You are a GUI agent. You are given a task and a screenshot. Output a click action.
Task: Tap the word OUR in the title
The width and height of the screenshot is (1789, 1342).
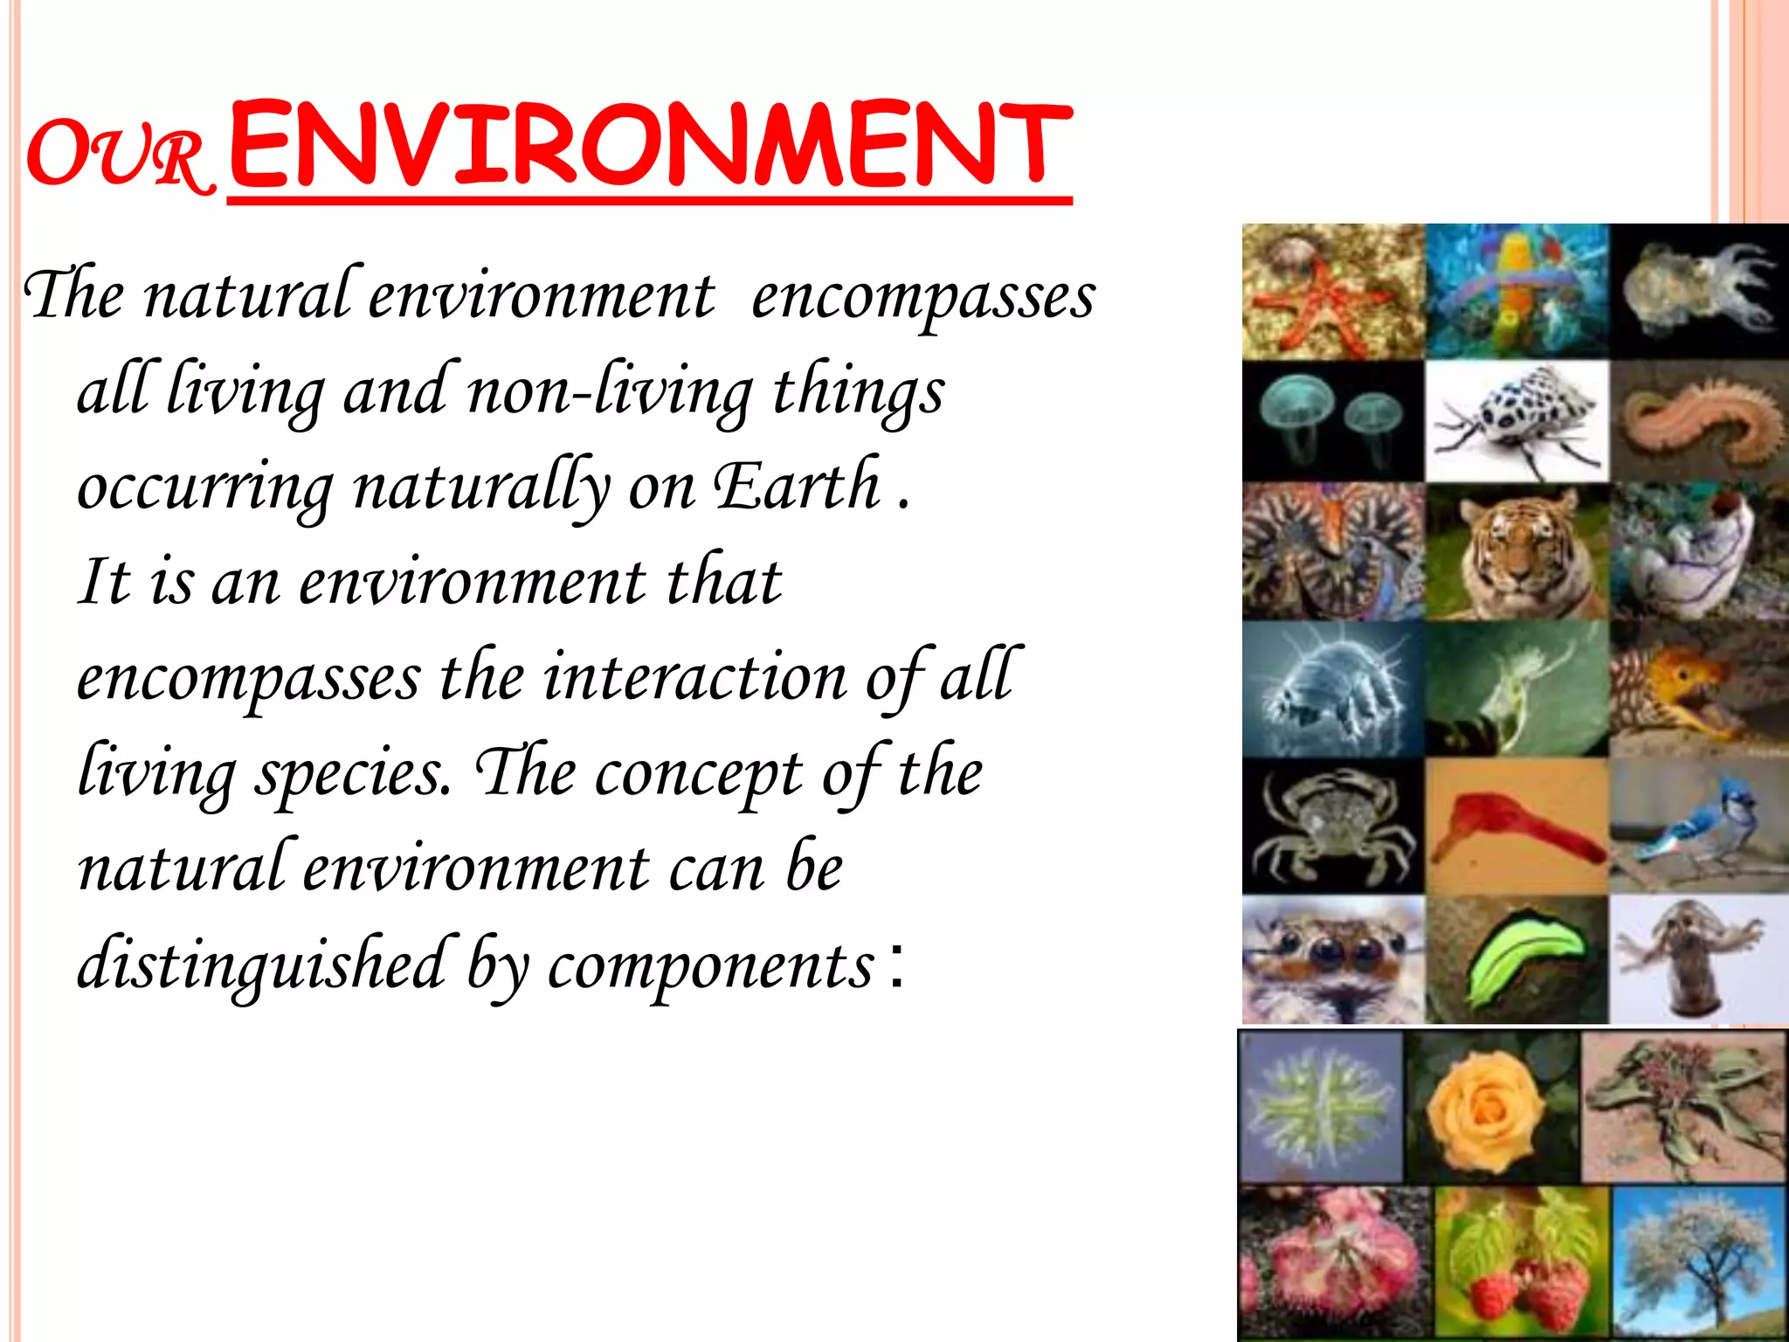pos(119,156)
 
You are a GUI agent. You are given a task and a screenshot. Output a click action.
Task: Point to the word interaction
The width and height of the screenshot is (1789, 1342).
pos(695,676)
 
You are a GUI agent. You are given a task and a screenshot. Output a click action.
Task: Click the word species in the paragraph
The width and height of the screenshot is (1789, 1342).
pos(353,772)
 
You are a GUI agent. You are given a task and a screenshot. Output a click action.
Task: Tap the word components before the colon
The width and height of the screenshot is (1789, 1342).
pos(711,965)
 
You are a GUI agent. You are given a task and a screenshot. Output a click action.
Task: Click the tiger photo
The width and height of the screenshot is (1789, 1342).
pos(1516,552)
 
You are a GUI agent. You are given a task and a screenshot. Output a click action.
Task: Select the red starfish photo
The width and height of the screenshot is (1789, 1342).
pos(1333,292)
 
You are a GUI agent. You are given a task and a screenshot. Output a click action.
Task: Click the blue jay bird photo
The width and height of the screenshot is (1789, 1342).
pos(1698,827)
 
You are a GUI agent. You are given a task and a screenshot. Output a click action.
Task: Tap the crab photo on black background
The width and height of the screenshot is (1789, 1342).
pos(1333,827)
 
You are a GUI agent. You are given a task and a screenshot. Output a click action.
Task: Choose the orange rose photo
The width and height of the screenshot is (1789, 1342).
pos(1492,1108)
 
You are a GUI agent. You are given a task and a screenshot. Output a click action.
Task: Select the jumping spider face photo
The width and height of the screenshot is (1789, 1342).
pos(1333,959)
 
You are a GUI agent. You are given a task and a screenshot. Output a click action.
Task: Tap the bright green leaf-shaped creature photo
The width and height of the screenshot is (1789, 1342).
pos(1516,959)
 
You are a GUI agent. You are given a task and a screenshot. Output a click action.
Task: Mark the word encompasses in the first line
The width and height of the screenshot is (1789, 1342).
pos(922,295)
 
